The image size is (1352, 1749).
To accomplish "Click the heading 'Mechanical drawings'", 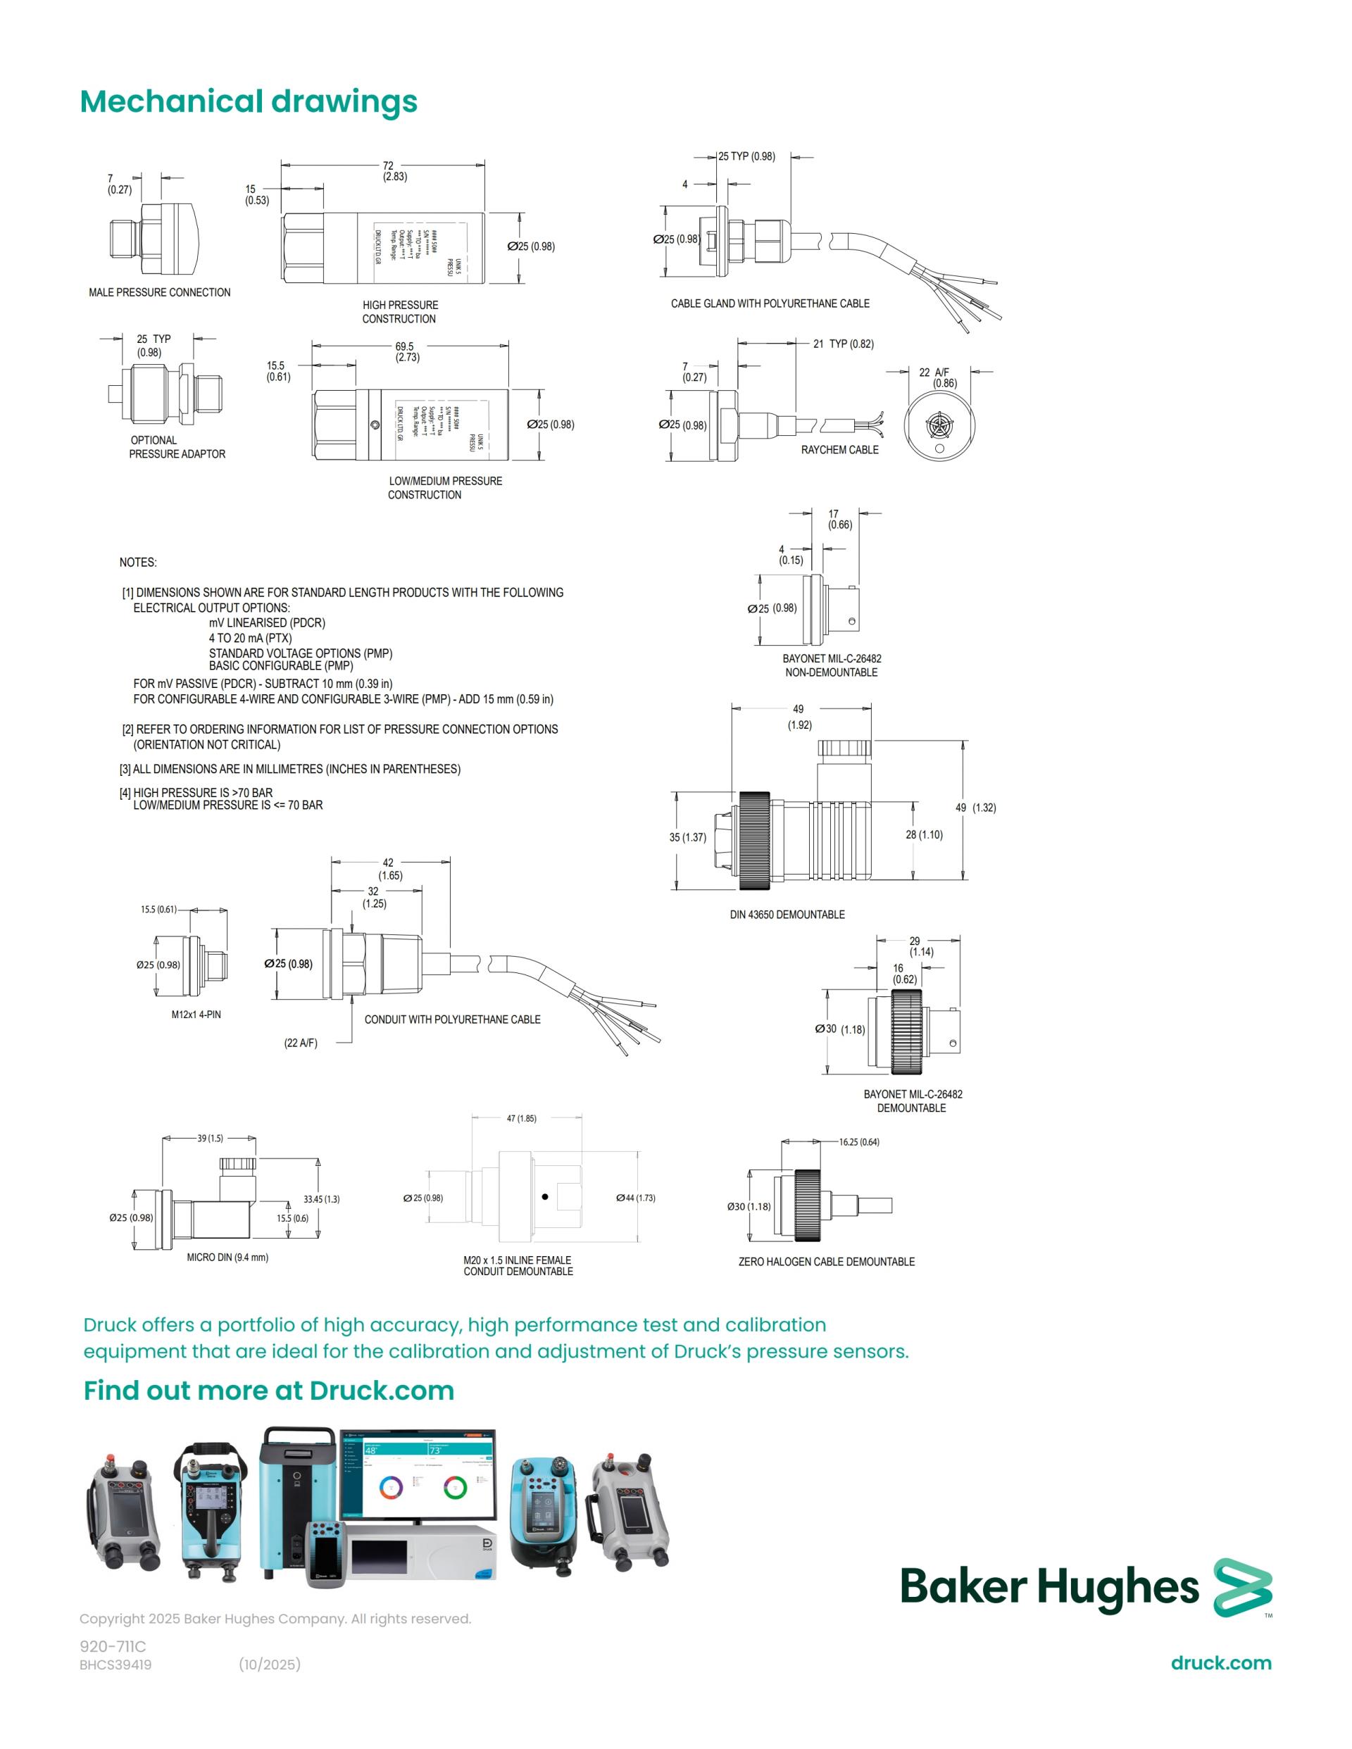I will pyautogui.click(x=249, y=101).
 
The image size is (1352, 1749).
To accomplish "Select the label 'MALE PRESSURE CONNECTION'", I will pyautogui.click(x=159, y=292).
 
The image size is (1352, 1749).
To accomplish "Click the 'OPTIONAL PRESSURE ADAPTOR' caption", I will pyautogui.click(x=176, y=447).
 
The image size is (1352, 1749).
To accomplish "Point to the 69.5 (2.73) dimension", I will pyautogui.click(x=406, y=352).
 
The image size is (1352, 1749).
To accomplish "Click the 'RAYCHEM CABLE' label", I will pyautogui.click(x=839, y=450).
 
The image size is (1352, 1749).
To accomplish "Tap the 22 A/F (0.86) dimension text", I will pyautogui.click(x=938, y=378).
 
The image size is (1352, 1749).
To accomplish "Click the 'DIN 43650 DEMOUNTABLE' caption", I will pyautogui.click(x=787, y=915).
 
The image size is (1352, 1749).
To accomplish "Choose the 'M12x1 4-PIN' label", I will pyautogui.click(x=196, y=1015).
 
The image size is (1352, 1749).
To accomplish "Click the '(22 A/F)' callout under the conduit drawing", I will pyautogui.click(x=301, y=1043).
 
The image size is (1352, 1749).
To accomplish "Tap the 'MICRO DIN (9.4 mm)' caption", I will pyautogui.click(x=227, y=1258).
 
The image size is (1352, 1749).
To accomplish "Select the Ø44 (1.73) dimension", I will pyautogui.click(x=635, y=1198).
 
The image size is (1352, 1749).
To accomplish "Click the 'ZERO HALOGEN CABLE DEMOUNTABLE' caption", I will pyautogui.click(x=826, y=1261).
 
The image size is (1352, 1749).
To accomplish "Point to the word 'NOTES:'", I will pyautogui.click(x=138, y=562).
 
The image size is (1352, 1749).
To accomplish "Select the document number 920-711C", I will pyautogui.click(x=113, y=1646).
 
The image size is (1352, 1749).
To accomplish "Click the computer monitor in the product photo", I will pyautogui.click(x=418, y=1474).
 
